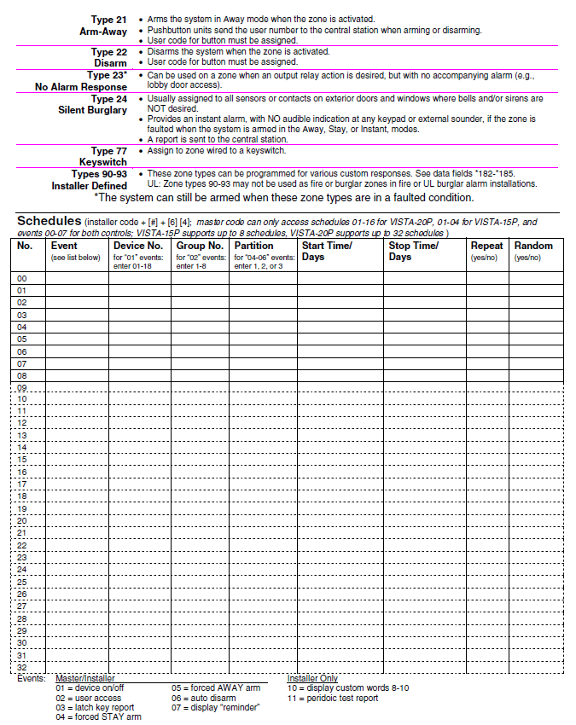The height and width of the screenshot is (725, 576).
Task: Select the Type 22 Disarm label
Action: pos(109,56)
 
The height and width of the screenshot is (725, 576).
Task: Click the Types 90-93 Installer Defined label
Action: pos(94,178)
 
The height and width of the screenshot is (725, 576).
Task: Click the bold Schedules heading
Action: pos(49,221)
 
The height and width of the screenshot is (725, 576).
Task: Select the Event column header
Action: pos(65,246)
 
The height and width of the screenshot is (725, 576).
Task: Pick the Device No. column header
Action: pos(138,246)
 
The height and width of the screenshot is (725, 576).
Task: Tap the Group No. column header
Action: pos(200,246)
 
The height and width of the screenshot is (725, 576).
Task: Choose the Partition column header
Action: pos(254,246)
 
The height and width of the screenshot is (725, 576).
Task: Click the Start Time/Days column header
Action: pos(327,251)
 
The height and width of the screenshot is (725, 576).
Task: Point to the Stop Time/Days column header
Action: pos(413,251)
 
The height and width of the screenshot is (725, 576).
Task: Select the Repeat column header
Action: pos(486,246)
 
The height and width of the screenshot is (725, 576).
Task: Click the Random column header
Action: pos(532,246)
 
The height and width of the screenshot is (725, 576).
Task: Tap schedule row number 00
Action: pos(23,278)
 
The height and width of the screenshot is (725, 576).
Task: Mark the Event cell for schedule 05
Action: pos(77,339)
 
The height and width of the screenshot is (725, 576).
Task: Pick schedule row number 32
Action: pos(23,667)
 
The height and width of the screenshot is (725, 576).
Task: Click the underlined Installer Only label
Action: pos(312,678)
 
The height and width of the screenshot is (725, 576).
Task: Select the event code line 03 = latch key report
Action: pos(94,707)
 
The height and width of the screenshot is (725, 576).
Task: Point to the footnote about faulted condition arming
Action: pos(283,197)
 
